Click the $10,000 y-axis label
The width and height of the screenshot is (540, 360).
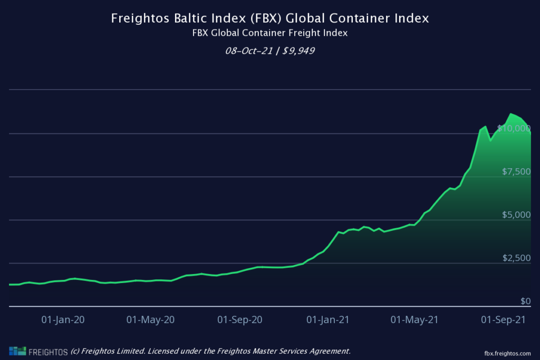(514, 128)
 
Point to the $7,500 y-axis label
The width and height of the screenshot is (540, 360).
(516, 171)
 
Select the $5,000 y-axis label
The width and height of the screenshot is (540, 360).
(516, 215)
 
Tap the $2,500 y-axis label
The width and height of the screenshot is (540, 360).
(516, 258)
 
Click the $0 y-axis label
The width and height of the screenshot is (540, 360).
(525, 301)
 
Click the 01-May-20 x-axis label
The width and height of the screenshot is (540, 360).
(151, 319)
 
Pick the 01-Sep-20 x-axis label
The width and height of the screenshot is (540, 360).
(240, 319)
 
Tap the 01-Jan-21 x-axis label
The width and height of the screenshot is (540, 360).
(328, 319)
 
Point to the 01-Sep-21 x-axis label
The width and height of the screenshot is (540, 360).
(504, 319)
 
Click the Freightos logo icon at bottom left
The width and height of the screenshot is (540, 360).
(17, 352)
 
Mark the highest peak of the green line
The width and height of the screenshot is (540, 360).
(510, 113)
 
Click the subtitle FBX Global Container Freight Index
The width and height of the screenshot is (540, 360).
(270, 33)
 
